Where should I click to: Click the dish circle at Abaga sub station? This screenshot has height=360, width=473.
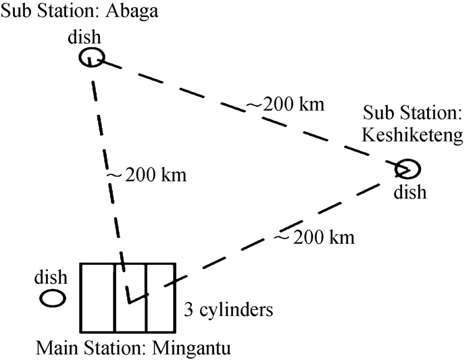pos(91,58)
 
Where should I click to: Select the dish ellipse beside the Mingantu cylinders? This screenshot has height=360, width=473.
pos(51,298)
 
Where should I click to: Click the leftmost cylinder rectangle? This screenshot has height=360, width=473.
pos(97,297)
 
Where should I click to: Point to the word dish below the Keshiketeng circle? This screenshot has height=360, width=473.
pos(411,192)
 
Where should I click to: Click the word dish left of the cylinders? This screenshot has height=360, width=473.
pos(51,277)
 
